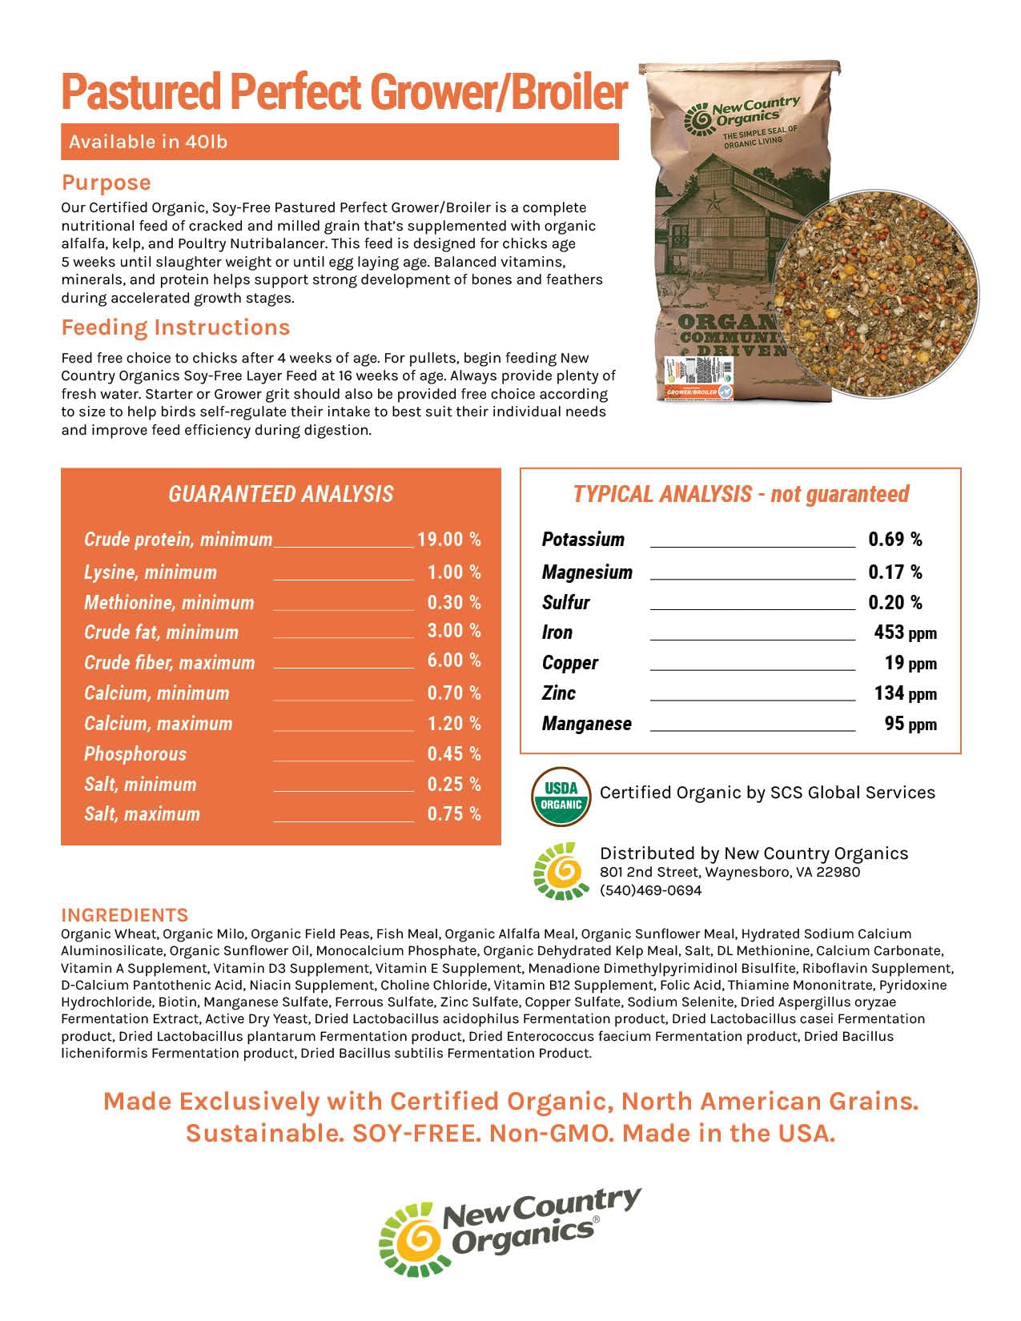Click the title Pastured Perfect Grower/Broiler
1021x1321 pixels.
(x=344, y=92)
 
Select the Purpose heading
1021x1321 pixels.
(x=106, y=183)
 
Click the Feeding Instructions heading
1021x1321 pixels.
(x=175, y=327)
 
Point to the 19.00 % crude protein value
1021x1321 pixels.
(x=448, y=540)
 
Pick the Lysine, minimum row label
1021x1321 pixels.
(x=151, y=572)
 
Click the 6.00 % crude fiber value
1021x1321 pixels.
(x=453, y=660)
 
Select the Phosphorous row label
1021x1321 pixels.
(x=135, y=754)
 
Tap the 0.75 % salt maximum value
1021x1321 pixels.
(x=453, y=814)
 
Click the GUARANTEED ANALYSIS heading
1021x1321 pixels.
(x=280, y=494)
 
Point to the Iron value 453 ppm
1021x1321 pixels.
(x=905, y=633)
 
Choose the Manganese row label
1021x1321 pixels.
(x=586, y=724)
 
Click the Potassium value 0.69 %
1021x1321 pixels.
(x=894, y=540)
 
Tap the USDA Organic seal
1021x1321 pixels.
(x=561, y=796)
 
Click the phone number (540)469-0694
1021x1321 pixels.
(x=650, y=890)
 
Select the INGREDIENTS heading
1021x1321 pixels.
(x=125, y=915)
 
